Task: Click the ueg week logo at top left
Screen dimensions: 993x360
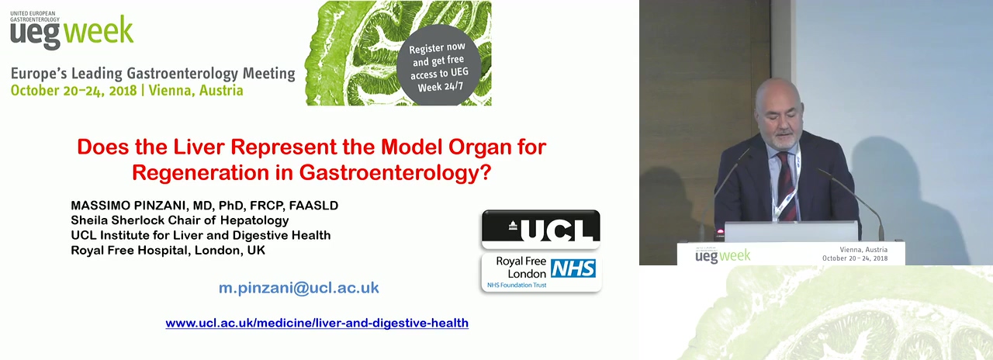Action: click(71, 30)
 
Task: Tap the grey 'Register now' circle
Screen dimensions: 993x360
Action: click(438, 65)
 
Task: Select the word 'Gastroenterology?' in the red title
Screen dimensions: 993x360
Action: click(396, 172)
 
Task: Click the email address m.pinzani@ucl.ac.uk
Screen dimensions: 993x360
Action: click(299, 288)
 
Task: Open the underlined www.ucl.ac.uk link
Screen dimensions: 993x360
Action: click(317, 323)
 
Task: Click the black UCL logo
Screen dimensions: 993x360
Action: click(541, 229)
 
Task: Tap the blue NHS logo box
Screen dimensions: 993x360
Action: click(573, 268)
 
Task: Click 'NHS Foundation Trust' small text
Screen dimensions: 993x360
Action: click(517, 285)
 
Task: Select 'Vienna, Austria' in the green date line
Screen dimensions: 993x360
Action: click(196, 91)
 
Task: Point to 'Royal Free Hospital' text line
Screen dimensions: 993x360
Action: click(131, 250)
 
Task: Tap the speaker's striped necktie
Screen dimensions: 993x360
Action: click(786, 185)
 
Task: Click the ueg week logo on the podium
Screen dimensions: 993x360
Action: click(722, 256)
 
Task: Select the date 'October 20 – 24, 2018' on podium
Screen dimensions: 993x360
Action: click(855, 258)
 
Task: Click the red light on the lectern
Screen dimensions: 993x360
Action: click(721, 231)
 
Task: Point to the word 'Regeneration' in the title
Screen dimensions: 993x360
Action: click(200, 172)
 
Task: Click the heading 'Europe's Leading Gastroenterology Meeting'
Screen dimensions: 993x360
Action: click(153, 74)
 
